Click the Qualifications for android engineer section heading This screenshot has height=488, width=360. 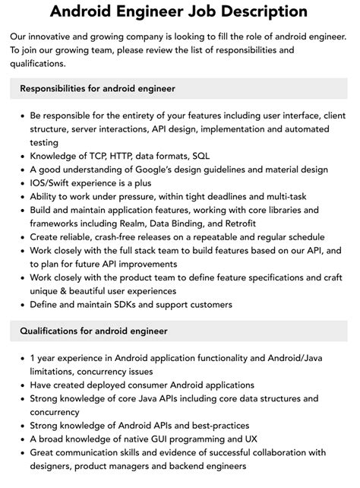tap(93, 331)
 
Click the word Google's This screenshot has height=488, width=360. tap(165, 170)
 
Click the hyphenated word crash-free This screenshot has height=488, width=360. tap(112, 237)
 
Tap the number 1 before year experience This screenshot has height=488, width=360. tap(33, 359)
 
